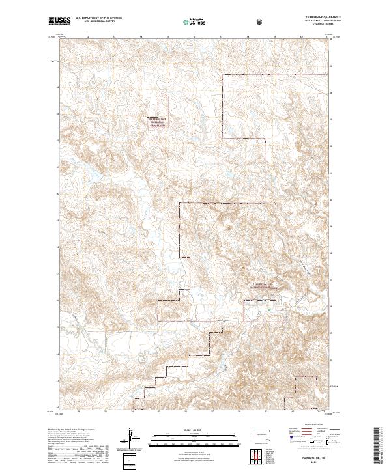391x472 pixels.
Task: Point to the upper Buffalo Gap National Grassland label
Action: click(x=159, y=122)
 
